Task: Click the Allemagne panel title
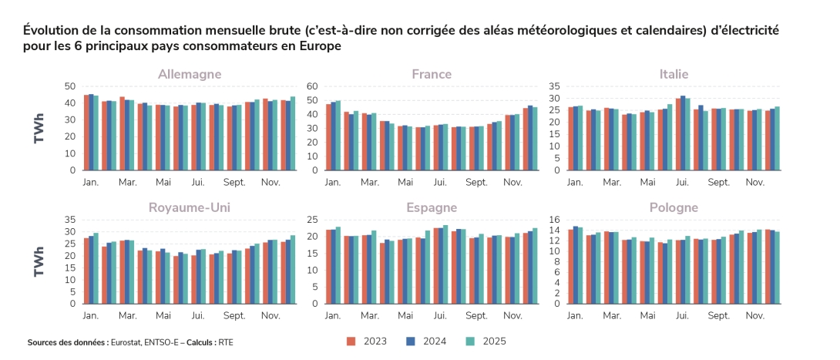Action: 190,74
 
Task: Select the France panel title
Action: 432,74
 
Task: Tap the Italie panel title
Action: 674,74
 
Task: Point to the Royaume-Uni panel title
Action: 190,207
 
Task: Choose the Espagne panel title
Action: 432,207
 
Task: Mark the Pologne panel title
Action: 674,207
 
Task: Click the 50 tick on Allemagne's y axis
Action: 70,86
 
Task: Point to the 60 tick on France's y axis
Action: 312,86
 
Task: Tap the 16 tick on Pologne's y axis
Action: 554,220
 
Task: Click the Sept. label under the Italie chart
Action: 718,183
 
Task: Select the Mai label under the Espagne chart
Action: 405,316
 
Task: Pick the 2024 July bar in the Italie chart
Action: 683,133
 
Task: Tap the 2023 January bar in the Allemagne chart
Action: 86,132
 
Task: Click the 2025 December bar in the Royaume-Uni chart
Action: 293,269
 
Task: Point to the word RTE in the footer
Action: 225,342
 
